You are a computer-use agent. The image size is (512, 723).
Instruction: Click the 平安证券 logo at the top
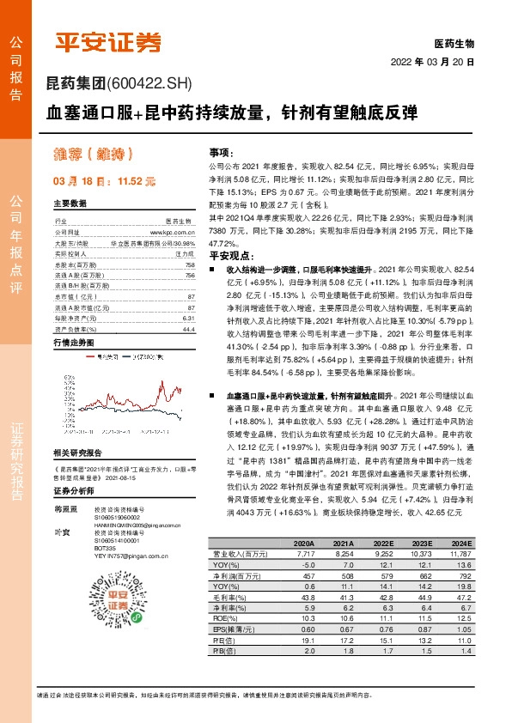pos(108,40)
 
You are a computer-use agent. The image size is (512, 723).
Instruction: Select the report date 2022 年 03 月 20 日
pos(432,62)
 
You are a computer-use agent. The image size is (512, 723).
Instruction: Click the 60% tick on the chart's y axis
pos(68,377)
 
